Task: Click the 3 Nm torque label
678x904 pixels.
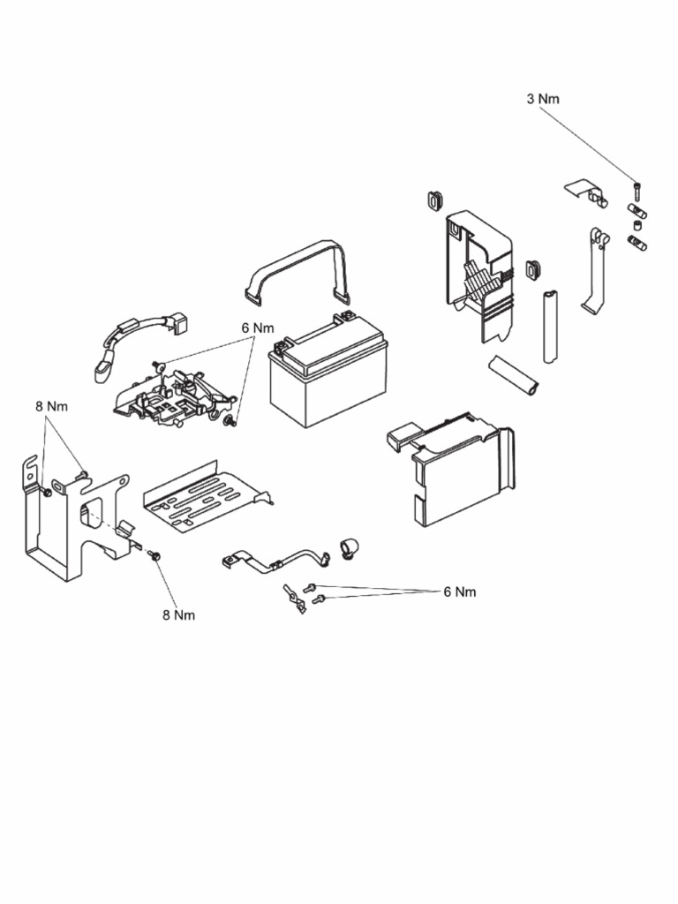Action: coord(543,99)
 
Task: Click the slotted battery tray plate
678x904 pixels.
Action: coord(204,499)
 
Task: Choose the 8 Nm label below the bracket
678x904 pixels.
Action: coord(178,615)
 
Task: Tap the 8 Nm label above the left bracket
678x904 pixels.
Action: coord(51,406)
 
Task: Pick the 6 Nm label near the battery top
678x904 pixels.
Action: coord(258,328)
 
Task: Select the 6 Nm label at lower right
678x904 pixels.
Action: coord(459,591)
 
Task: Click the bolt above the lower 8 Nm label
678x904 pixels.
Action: coord(155,556)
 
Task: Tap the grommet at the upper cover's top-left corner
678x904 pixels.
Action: coord(433,200)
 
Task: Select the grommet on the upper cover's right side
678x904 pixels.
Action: coord(532,267)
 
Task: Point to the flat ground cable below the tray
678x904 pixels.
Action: coord(274,561)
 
